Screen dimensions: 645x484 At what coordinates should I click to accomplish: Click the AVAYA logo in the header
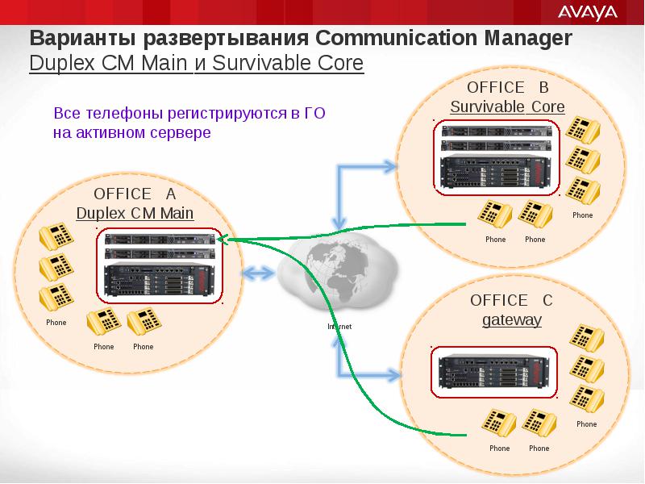tap(588, 12)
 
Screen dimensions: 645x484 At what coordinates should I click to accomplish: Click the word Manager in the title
tap(528, 38)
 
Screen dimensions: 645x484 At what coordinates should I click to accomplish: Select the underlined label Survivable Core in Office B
tap(507, 106)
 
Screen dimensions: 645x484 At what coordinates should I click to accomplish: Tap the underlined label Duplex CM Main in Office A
tap(135, 213)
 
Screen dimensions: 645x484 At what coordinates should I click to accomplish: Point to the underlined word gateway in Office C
tap(512, 319)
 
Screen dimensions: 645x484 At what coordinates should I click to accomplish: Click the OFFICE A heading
tap(135, 194)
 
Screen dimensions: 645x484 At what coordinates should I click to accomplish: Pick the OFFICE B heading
tap(508, 87)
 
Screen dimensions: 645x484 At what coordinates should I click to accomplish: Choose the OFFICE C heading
tap(511, 300)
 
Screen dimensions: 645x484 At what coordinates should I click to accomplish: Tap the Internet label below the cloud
tap(339, 327)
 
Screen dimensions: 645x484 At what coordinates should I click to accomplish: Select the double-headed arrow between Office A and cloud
tap(258, 273)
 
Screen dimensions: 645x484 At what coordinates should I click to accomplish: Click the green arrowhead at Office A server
tap(223, 240)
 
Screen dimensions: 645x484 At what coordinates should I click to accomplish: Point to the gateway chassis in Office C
tap(494, 372)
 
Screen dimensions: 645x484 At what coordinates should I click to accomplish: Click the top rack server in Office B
tap(497, 131)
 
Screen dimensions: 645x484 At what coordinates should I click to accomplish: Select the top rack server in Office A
tap(160, 239)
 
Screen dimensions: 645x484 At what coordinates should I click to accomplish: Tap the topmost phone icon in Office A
tap(56, 236)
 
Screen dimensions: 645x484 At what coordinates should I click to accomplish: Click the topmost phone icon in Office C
tap(587, 338)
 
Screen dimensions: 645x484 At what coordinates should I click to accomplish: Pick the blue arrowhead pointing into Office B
tap(389, 167)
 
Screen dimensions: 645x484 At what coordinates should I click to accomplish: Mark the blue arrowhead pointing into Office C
tap(392, 375)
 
